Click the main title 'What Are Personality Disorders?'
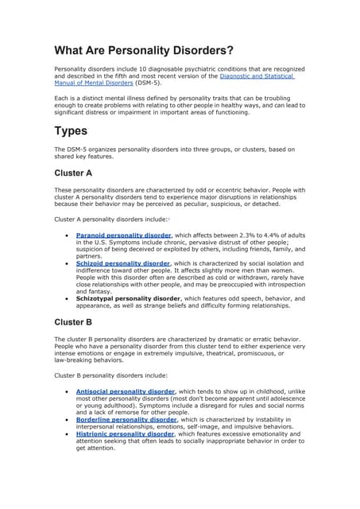[x=143, y=51]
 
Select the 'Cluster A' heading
[x=73, y=172]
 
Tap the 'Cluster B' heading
[x=73, y=322]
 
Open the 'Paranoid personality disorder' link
[x=123, y=235]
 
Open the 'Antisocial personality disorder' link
[x=125, y=392]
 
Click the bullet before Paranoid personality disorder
[x=64, y=235]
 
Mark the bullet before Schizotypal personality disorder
[x=64, y=297]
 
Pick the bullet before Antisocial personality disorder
[x=64, y=392]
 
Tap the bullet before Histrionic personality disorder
[x=64, y=434]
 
